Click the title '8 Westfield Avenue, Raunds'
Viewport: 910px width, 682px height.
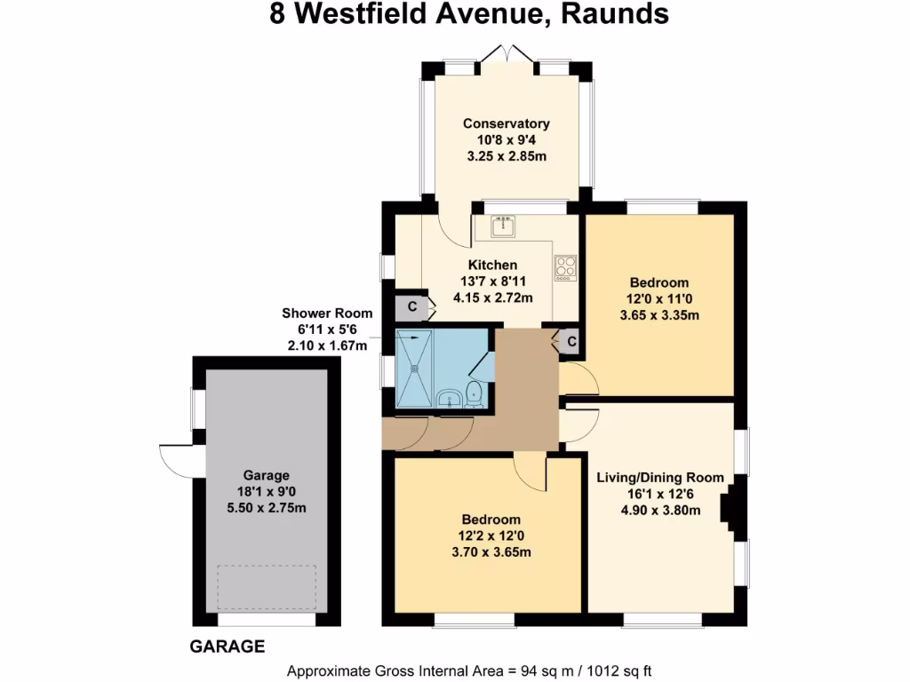(x=469, y=14)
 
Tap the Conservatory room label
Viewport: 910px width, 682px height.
(x=507, y=123)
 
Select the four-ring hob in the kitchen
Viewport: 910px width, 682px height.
(x=566, y=267)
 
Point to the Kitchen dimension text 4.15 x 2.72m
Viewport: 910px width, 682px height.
(x=493, y=297)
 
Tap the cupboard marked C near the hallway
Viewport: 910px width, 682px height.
(x=571, y=340)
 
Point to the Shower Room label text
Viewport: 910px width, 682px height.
(x=327, y=313)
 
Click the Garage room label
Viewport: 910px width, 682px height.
(x=266, y=476)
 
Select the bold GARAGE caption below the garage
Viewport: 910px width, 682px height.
(x=227, y=646)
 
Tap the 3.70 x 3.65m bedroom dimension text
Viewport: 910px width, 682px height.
(x=491, y=551)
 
